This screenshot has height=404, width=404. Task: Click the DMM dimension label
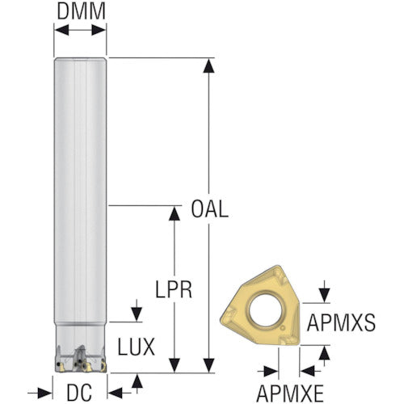point(81,11)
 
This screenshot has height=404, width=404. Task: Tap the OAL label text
point(210,209)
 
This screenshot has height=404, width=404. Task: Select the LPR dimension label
point(174,289)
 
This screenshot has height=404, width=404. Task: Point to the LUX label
point(137,347)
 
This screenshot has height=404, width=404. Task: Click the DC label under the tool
point(79,393)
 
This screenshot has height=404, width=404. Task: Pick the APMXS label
point(341,322)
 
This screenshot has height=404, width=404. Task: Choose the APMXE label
point(290,393)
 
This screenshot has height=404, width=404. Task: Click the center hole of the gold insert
point(266,310)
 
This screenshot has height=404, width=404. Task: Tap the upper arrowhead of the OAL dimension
point(208,66)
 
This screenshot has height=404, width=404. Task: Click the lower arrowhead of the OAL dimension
point(208,365)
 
